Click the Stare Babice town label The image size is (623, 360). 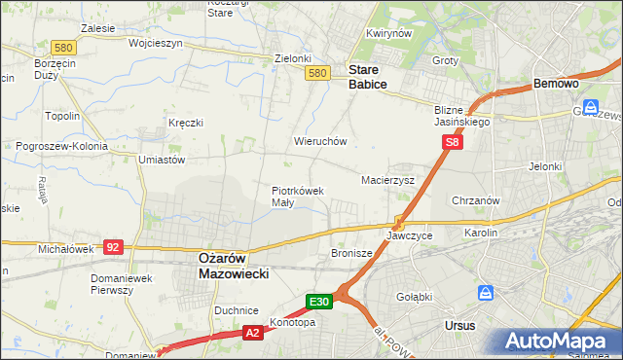pos(368,77)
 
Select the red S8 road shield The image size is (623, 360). pos(452,142)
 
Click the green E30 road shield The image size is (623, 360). pos(321,302)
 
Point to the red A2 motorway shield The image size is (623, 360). pos(252,333)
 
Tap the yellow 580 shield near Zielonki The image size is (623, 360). pos(316,73)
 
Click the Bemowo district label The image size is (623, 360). pos(556,85)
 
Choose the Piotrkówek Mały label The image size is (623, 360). pos(297,197)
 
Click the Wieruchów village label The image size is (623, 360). pos(320,141)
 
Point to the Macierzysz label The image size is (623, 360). pos(388,180)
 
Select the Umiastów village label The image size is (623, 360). pos(162,160)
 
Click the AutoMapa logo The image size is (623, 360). pos(559,341)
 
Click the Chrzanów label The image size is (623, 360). pos(476,200)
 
